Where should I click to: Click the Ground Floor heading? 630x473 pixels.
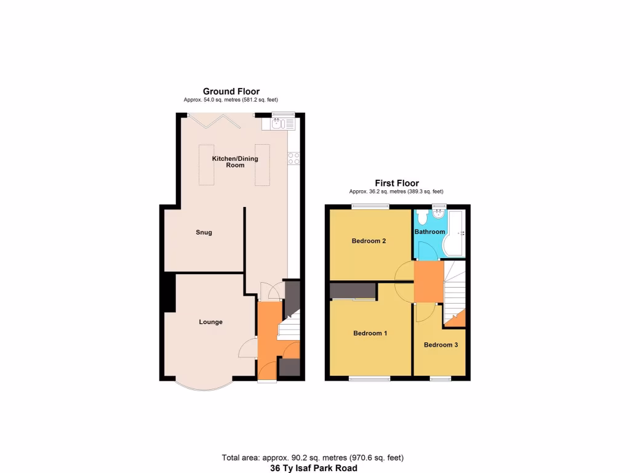coord(231,91)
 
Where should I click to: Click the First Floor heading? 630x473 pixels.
coord(397,183)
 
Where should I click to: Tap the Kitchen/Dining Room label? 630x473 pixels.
coord(235,162)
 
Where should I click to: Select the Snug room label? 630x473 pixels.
coord(204,232)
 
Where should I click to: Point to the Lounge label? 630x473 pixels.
coord(210,322)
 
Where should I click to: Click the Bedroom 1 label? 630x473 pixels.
coord(370,334)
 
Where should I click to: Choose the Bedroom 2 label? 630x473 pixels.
coord(369,241)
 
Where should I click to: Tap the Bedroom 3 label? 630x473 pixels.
coord(441,345)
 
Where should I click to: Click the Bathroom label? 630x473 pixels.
coord(429,232)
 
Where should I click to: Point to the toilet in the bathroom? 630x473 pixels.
coord(422,219)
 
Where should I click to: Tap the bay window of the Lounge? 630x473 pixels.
coord(205,385)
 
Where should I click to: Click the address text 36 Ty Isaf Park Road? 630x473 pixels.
coord(313,468)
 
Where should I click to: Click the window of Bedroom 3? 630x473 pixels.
coord(440,378)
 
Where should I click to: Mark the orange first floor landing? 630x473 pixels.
coord(428,281)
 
